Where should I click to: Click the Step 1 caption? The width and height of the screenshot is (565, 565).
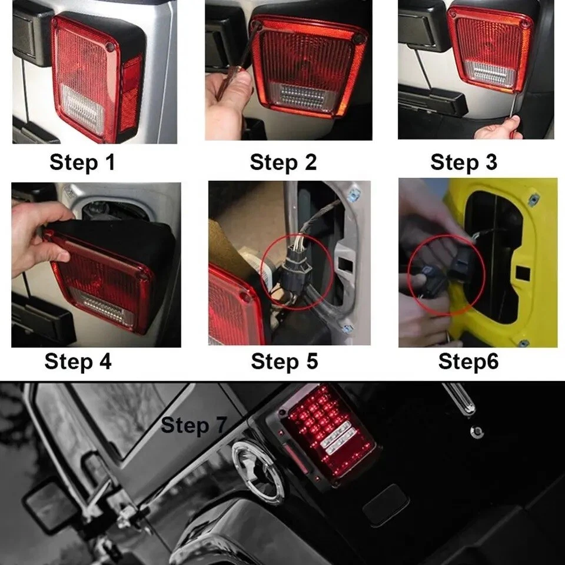82,162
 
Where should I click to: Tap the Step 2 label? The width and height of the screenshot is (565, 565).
283,162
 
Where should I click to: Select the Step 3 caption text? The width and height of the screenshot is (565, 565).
464,162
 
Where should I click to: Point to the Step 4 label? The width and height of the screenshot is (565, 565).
78,361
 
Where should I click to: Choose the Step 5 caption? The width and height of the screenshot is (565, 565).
284,361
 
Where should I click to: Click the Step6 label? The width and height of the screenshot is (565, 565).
468,361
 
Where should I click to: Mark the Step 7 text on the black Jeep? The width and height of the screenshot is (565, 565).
194,425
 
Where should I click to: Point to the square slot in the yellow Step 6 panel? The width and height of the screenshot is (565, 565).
523,274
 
